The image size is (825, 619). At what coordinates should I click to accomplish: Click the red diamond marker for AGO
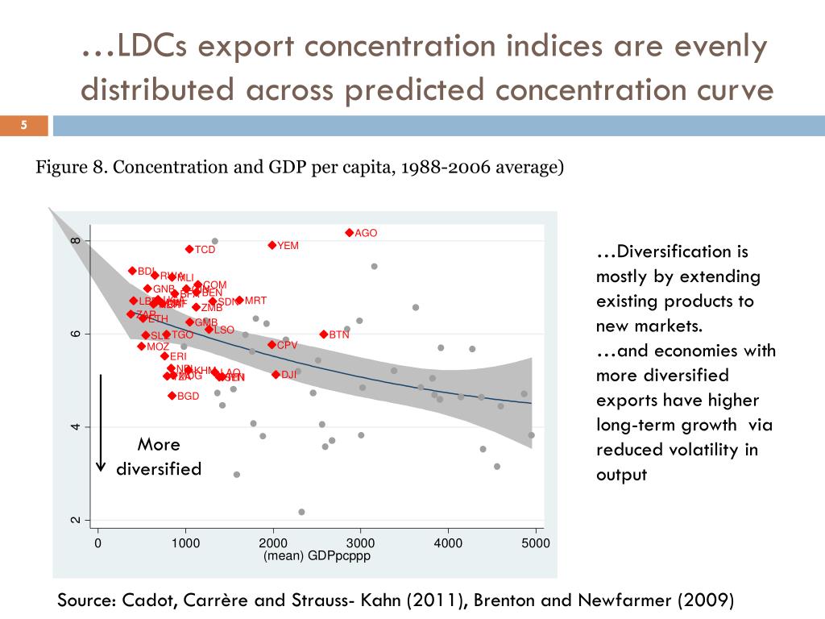click(x=350, y=233)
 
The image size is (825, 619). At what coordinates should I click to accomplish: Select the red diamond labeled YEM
click(x=272, y=245)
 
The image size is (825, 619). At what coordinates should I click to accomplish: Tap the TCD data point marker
click(x=189, y=250)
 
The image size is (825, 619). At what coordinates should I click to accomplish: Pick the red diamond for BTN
click(x=324, y=334)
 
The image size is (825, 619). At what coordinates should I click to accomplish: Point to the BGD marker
click(x=172, y=396)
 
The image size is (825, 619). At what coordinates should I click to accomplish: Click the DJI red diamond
click(x=276, y=375)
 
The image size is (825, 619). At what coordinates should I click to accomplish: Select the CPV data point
click(x=272, y=345)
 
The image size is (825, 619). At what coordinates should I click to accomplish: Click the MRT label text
click(x=255, y=301)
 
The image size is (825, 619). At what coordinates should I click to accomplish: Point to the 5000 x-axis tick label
click(x=536, y=543)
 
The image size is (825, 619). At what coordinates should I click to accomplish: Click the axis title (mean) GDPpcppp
click(x=317, y=556)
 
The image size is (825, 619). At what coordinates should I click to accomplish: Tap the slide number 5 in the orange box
click(x=24, y=125)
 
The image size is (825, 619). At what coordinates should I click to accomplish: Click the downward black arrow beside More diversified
click(x=101, y=423)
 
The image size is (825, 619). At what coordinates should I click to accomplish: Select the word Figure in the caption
click(x=60, y=168)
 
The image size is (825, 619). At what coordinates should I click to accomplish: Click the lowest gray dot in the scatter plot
click(x=301, y=512)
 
